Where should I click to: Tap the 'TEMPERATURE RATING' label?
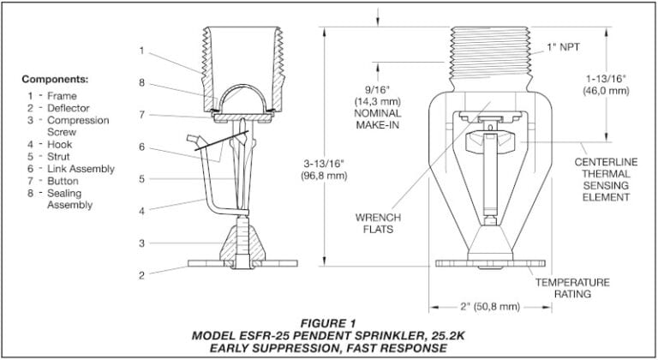[571, 287]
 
